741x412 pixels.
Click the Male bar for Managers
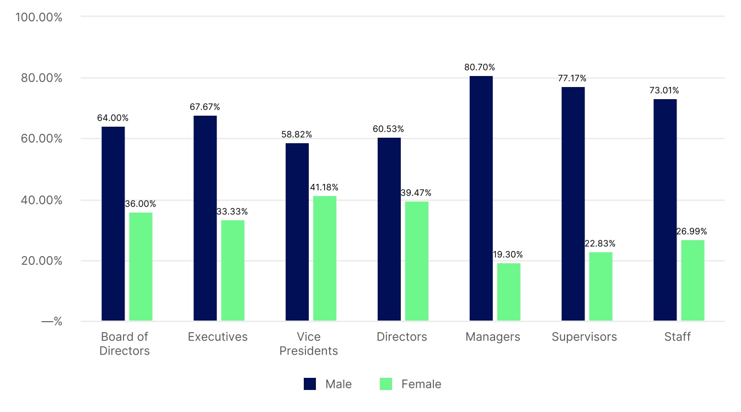click(x=481, y=198)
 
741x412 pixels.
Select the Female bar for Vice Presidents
click(x=325, y=258)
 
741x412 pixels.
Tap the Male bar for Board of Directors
click(x=113, y=224)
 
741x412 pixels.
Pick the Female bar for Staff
click(x=692, y=280)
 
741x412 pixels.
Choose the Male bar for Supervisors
click(x=573, y=204)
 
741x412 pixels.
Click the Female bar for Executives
click(x=233, y=270)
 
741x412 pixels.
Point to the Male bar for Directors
click(x=389, y=229)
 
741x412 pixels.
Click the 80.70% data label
click(x=480, y=67)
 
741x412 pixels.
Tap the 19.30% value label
click(x=508, y=254)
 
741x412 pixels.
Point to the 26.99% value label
click(x=691, y=231)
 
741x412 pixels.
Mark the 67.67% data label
click(x=205, y=107)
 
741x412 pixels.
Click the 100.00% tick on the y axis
click(x=39, y=17)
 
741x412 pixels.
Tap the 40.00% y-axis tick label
click(x=41, y=200)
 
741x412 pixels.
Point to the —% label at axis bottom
click(x=52, y=322)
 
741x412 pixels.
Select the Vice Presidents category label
click(x=308, y=344)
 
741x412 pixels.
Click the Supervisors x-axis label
click(x=584, y=337)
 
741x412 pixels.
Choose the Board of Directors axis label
click(x=125, y=344)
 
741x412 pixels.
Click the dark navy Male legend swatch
click(x=310, y=384)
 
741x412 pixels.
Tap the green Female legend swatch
click(x=386, y=384)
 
